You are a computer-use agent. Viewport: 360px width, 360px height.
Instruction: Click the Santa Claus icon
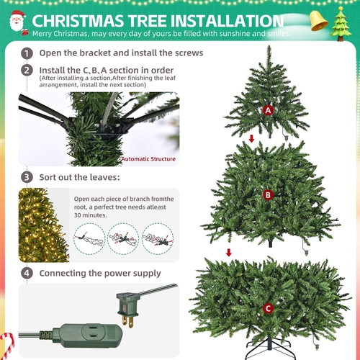coord(18,22)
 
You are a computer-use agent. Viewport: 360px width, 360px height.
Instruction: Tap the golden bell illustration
coord(318,21)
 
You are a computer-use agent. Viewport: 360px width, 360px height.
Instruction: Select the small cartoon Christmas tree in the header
coord(341,24)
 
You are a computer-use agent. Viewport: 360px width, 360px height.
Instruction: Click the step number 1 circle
coord(27,53)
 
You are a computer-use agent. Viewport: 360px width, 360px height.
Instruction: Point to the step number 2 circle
coord(27,71)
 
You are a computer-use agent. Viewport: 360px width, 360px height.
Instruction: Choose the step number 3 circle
coord(27,177)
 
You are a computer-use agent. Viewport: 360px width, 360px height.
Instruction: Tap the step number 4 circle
coord(27,274)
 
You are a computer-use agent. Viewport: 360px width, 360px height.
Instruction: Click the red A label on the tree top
coord(268,111)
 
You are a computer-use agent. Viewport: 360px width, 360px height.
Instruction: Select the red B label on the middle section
coord(268,195)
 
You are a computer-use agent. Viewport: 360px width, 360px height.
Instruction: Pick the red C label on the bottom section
coord(268,308)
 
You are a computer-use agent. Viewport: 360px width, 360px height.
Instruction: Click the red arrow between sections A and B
coord(251,138)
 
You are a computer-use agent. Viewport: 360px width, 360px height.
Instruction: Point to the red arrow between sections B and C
coord(229,253)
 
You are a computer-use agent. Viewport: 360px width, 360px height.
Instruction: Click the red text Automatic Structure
coord(148,159)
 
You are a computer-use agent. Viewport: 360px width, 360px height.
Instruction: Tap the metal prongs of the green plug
coord(127,322)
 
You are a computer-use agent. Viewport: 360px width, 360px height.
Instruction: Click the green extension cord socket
coord(88,336)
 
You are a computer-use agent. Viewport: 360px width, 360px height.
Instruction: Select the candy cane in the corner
coord(8,346)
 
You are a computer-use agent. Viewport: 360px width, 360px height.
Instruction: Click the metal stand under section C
coord(269,348)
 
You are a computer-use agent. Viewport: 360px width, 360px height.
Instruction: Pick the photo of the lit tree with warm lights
coord(44,225)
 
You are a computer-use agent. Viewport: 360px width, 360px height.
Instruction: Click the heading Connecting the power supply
coord(100,274)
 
